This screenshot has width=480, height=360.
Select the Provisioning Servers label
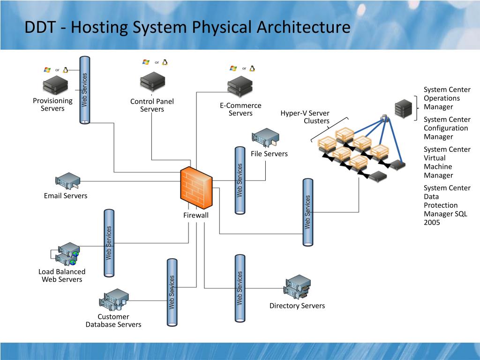52,105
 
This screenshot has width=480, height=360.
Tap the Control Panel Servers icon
152,82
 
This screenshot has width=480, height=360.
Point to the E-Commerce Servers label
240,109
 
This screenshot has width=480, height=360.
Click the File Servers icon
265,138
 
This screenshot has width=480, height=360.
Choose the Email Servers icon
67,180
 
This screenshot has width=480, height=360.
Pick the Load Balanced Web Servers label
62,276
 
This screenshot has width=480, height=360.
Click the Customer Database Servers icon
114,300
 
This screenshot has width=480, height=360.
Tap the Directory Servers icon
298,286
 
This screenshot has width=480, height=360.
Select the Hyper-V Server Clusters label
305,117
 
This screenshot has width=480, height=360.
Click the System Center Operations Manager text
447,98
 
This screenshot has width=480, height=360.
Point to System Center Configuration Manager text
447,128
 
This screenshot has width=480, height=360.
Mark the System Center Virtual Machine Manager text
447,162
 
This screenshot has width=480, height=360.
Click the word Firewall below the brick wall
195,215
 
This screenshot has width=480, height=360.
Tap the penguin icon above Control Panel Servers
165,62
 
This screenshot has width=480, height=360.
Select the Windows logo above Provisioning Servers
47,70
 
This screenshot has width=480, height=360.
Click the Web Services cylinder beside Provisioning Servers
85,90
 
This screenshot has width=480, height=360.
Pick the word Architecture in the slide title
303,27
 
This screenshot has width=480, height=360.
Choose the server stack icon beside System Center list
403,109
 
